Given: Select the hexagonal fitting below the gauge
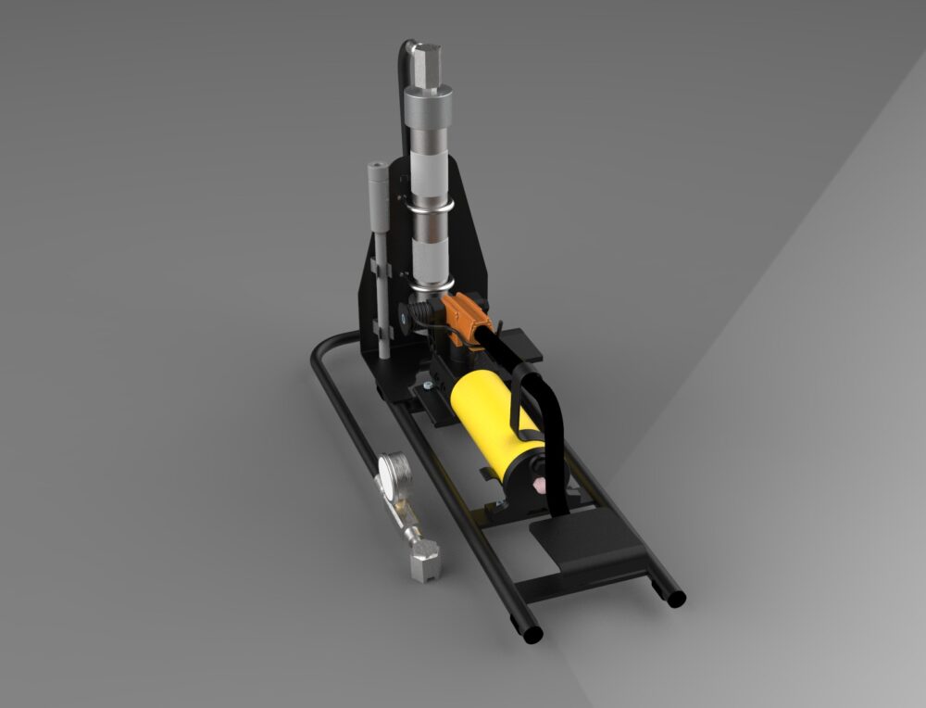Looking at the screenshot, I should click(x=426, y=562).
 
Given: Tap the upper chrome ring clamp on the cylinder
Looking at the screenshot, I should click(x=429, y=204).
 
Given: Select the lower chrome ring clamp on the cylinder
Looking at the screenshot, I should click(x=430, y=278).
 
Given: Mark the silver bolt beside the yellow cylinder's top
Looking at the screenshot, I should click(x=427, y=381).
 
